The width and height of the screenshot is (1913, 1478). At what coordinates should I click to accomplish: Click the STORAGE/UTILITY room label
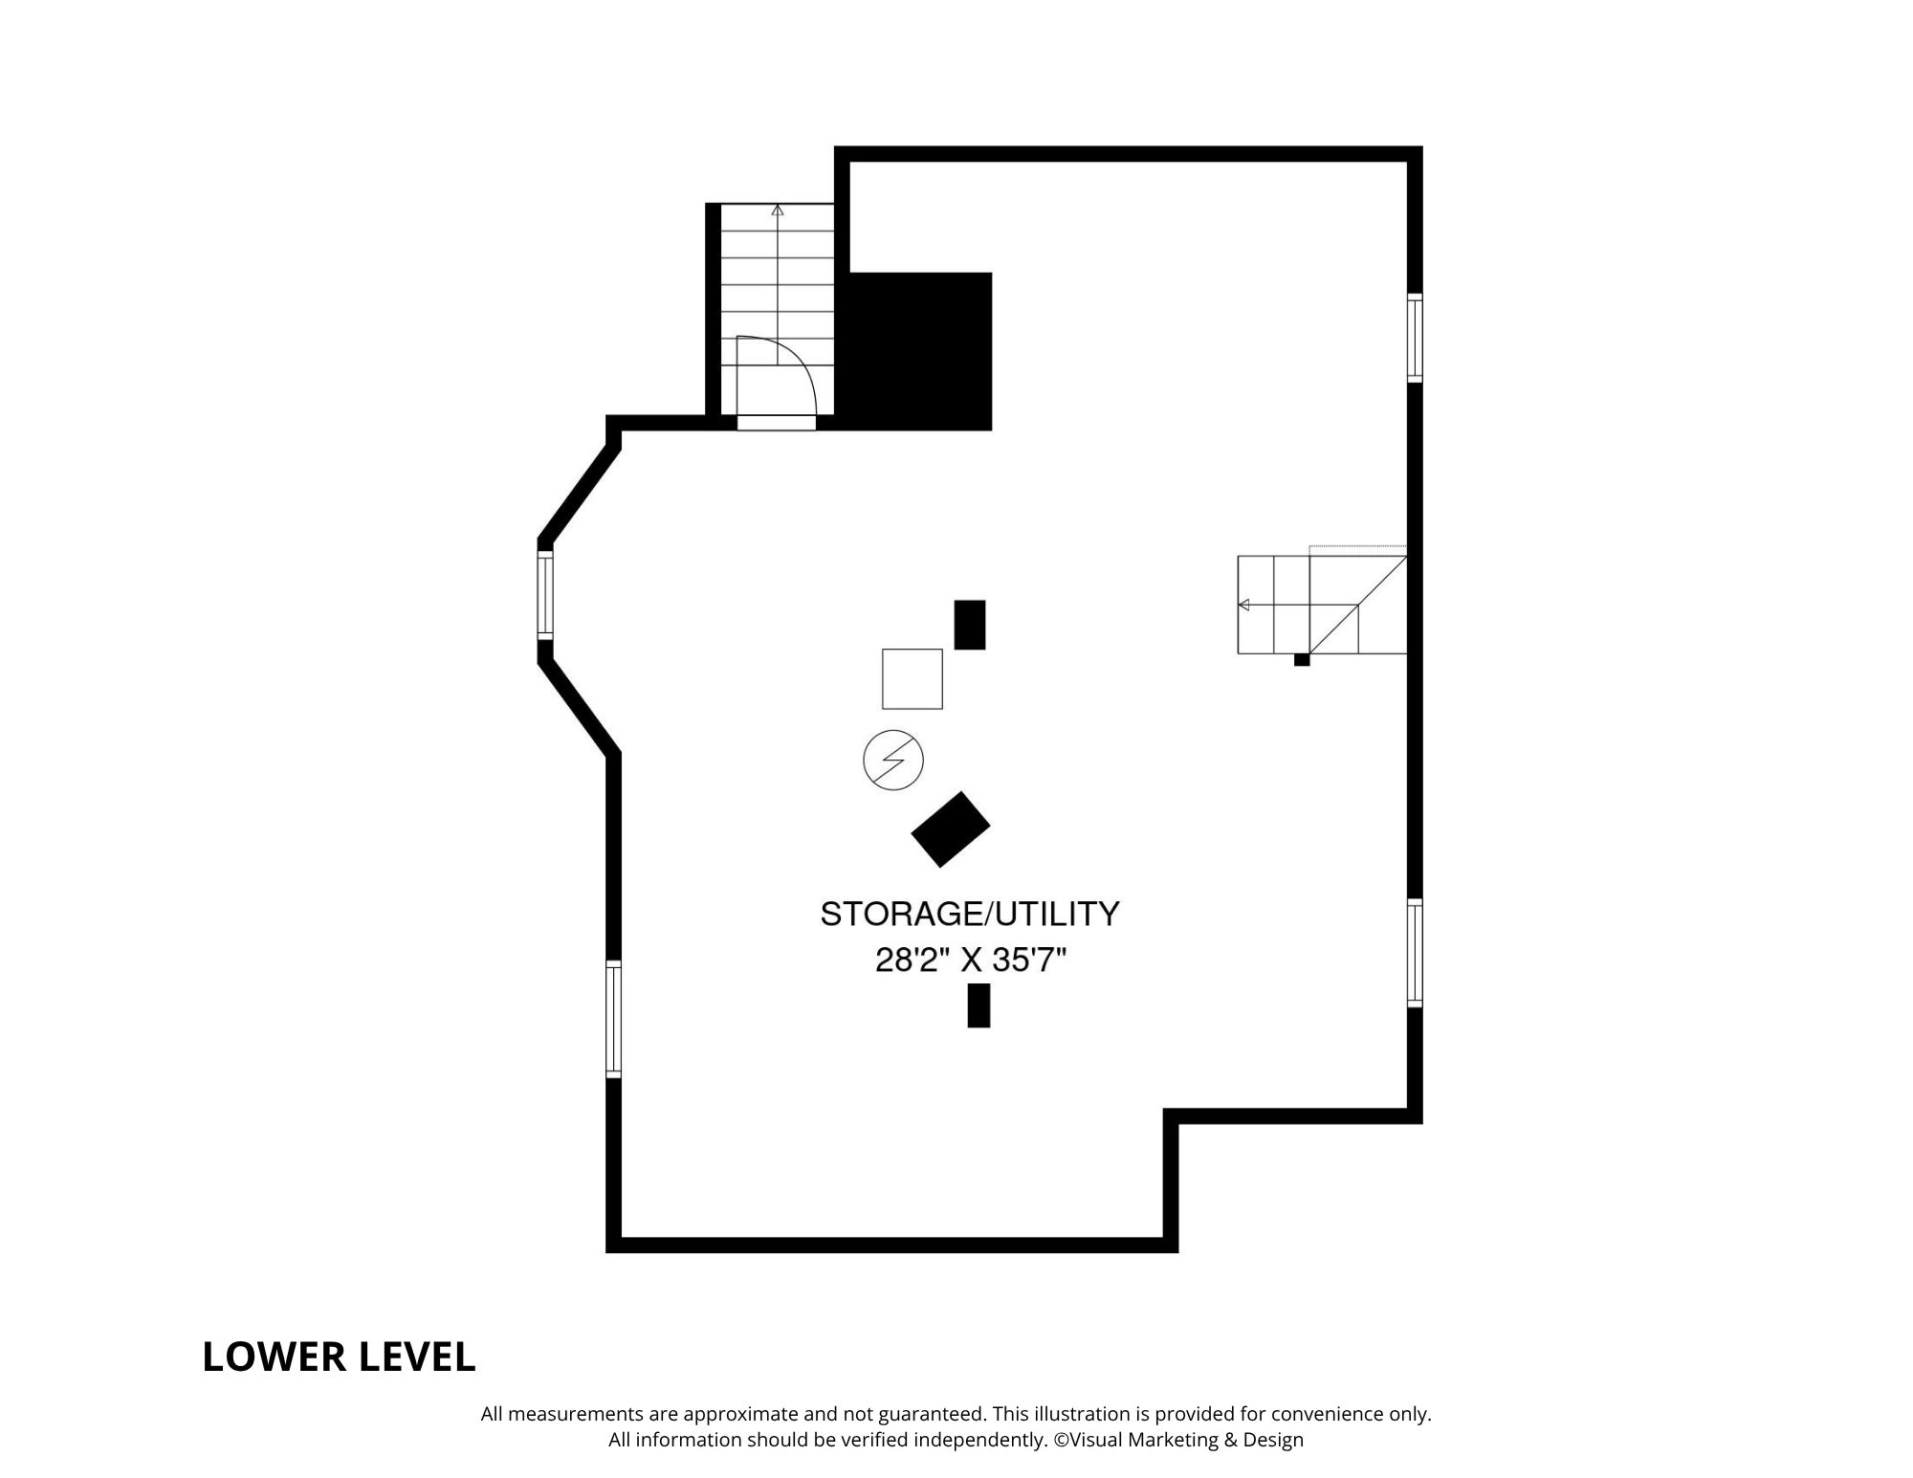(x=970, y=915)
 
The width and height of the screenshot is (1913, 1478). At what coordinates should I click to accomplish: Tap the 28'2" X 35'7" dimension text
(x=970, y=960)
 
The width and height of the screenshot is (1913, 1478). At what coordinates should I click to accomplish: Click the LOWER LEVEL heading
(x=339, y=1357)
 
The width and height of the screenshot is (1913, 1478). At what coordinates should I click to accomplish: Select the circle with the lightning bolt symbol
(x=893, y=761)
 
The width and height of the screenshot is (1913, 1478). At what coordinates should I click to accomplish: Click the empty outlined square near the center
(x=913, y=679)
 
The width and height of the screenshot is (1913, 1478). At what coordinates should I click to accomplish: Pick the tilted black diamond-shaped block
(x=951, y=829)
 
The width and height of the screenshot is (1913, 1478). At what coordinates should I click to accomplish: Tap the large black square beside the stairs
(x=920, y=351)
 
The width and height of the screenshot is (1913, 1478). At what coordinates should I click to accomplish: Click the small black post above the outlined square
(x=970, y=625)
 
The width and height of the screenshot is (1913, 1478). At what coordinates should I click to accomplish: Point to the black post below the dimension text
(x=978, y=1005)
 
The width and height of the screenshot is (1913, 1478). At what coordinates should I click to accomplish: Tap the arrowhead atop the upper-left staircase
(x=778, y=210)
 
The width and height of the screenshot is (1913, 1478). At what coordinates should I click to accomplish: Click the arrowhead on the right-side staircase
(x=1243, y=605)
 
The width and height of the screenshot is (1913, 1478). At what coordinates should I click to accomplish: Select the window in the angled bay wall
(x=545, y=594)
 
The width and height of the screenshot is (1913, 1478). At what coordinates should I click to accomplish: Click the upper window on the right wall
(x=1415, y=339)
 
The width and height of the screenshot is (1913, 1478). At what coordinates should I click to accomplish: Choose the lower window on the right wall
(x=1415, y=953)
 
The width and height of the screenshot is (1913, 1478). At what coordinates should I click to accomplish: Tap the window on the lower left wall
(x=614, y=1020)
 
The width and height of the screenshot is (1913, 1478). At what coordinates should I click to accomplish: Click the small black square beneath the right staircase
(x=1302, y=659)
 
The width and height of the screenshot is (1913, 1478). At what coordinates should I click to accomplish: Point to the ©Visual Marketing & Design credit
(x=1179, y=1440)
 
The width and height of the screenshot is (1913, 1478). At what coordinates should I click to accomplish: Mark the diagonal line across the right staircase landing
(x=1358, y=605)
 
